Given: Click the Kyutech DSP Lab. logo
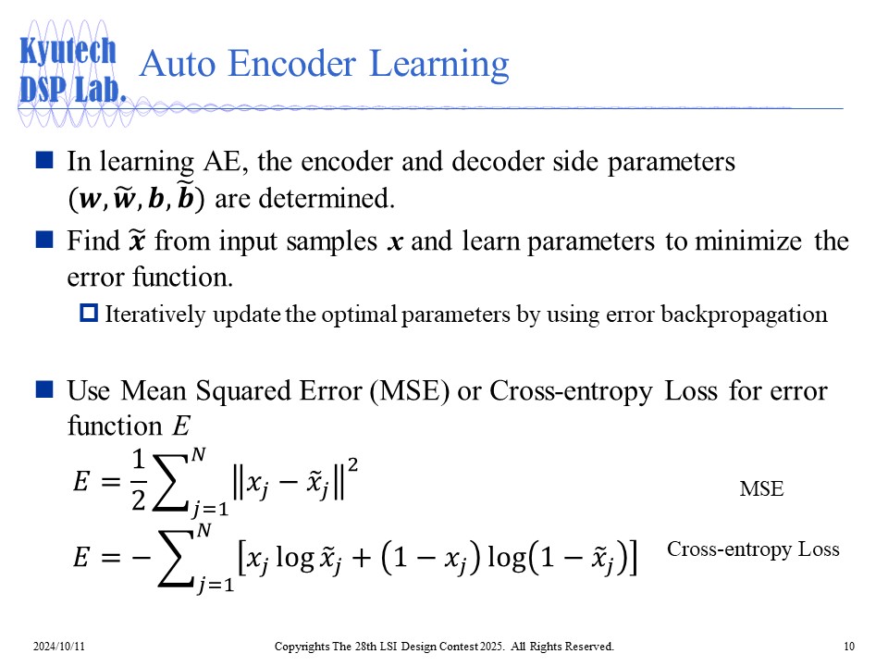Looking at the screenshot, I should pos(69,69).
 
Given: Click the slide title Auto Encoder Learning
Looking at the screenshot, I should pos(323,65).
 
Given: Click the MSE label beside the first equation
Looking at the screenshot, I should pos(761,490).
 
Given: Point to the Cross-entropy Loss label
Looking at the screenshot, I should pos(753,549).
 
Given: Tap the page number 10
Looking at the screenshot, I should pos(849,646).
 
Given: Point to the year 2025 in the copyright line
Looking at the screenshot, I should pos(473,646).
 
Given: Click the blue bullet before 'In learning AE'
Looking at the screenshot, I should pos(43,160).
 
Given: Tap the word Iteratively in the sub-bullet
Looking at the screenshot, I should pos(149,314).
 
